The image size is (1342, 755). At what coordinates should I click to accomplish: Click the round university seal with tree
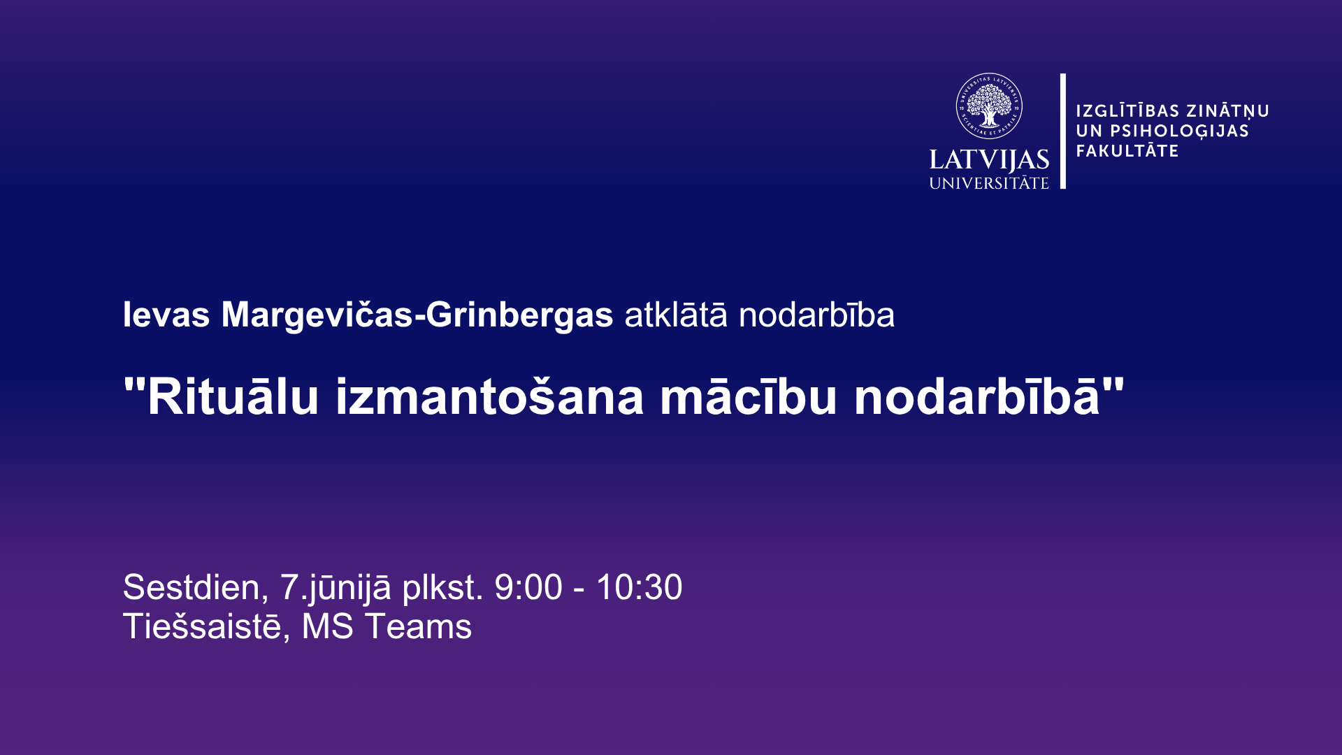(989, 106)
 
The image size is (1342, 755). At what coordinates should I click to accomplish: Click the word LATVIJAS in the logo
(989, 160)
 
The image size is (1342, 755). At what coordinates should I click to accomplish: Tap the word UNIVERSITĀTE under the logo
(989, 183)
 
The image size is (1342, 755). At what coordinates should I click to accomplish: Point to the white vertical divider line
(1063, 131)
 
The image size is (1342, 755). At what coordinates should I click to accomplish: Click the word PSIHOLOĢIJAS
(1180, 131)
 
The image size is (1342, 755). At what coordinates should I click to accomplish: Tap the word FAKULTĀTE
(1127, 150)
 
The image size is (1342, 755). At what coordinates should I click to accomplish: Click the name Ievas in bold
(166, 315)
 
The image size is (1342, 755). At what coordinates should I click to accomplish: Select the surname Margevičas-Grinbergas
(417, 315)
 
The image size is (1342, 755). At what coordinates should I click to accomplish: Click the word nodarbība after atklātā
(816, 315)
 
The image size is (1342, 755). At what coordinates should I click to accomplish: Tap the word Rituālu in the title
(233, 396)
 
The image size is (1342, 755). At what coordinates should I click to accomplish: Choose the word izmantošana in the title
(489, 396)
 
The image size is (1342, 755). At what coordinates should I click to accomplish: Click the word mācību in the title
(749, 396)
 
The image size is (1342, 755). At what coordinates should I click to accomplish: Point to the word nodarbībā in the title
(977, 396)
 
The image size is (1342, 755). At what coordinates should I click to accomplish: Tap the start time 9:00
(528, 587)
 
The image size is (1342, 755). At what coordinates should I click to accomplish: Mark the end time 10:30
(639, 587)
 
